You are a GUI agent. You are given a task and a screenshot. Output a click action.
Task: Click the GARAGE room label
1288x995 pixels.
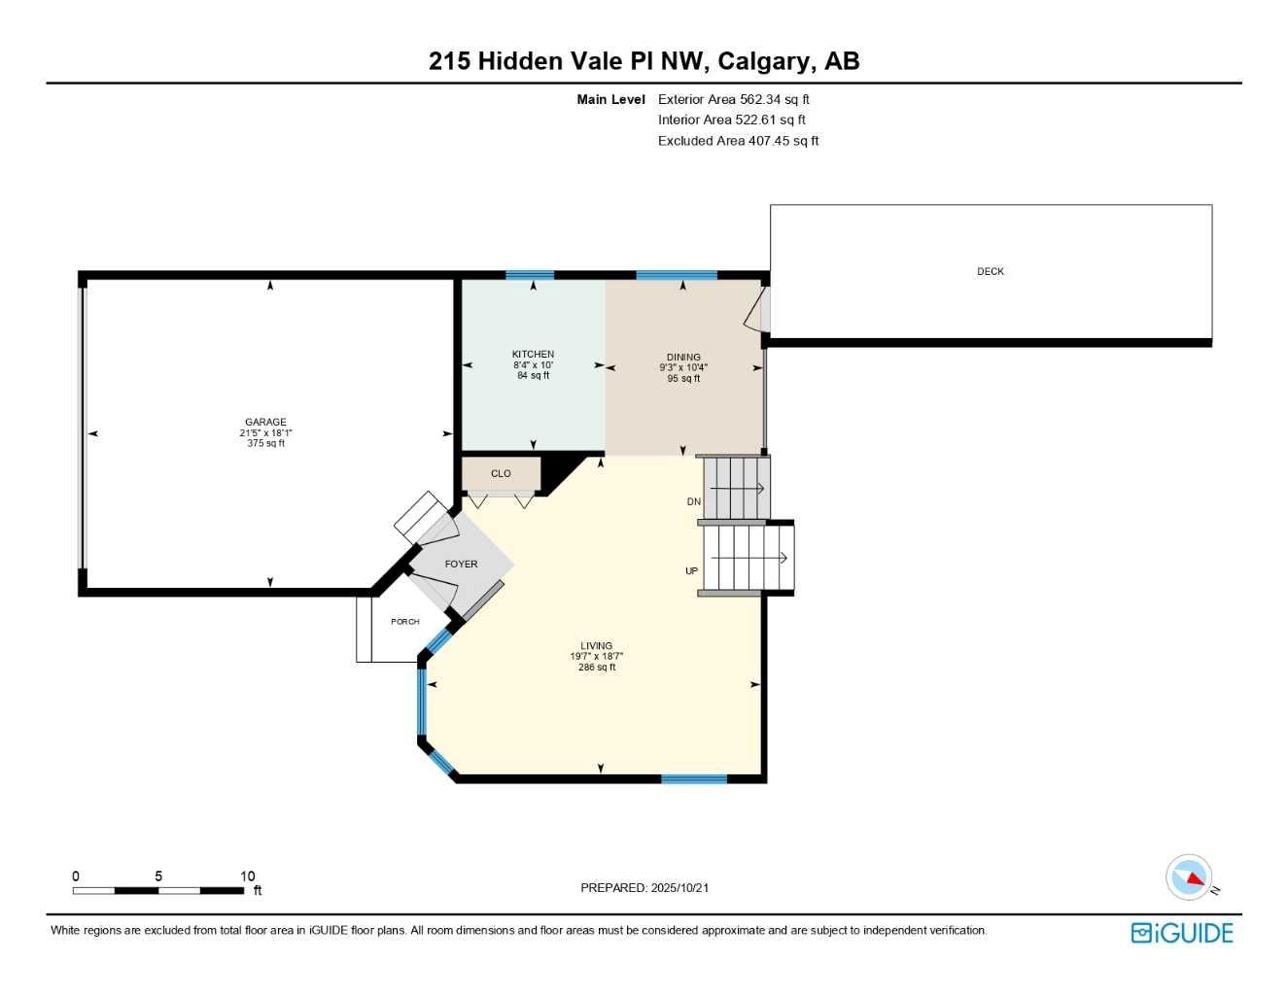pos(265,423)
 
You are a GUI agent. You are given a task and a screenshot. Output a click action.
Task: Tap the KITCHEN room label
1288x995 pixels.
pos(533,355)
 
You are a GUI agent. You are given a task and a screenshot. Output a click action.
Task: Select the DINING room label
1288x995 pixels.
pos(683,358)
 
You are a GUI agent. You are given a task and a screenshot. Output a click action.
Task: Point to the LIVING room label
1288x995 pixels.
pos(596,646)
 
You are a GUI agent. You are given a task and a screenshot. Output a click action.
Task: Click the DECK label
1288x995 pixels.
pos(990,272)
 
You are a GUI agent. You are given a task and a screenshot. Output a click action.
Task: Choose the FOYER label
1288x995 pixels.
pos(461,565)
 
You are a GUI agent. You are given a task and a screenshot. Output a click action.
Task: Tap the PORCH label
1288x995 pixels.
pos(405,622)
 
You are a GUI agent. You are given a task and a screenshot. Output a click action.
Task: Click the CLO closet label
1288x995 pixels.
pos(501,474)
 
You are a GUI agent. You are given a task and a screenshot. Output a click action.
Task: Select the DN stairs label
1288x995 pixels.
pos(693,502)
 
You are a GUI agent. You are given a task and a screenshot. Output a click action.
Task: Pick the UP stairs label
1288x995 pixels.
pos(691,571)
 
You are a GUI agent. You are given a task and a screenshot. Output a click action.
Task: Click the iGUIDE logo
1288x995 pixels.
pos(1182,933)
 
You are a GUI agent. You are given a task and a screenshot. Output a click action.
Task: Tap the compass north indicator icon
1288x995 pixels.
pos(1190,877)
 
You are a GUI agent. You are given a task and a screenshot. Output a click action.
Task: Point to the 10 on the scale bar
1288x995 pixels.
pos(248,876)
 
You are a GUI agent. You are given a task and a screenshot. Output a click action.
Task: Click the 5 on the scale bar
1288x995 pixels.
pos(158,876)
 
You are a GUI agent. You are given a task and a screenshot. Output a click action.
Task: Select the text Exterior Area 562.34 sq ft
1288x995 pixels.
pos(733,99)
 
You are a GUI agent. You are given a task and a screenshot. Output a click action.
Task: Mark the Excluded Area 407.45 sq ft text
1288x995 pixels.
pos(738,141)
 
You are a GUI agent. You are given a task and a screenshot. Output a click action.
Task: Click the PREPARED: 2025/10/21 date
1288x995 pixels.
pos(644,888)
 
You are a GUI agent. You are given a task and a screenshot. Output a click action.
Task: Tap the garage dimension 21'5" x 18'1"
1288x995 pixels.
pos(265,433)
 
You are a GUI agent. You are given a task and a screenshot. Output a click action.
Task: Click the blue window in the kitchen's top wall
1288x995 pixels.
pos(530,275)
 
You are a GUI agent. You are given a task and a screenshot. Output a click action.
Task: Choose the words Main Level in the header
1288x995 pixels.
pos(610,99)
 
